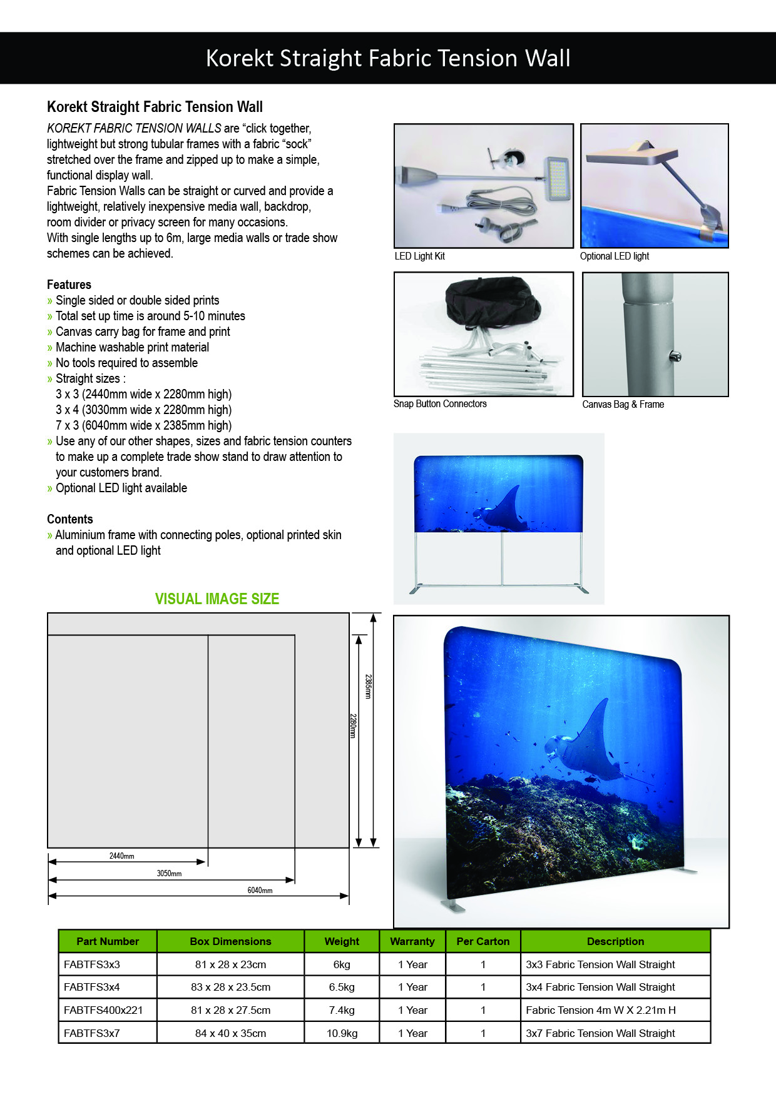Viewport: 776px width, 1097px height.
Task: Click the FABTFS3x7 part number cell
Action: point(92,1033)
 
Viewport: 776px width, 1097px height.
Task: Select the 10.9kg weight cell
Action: point(342,1033)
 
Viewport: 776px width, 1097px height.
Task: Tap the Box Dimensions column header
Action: point(230,941)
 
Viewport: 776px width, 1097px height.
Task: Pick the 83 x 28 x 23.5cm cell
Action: point(230,987)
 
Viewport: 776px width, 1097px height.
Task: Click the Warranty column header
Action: point(412,941)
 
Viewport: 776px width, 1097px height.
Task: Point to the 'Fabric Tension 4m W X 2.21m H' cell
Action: point(600,1010)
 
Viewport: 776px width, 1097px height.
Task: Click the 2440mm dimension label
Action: point(121,856)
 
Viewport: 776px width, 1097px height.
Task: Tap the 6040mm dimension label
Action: point(260,890)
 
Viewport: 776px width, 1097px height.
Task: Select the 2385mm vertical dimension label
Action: point(369,686)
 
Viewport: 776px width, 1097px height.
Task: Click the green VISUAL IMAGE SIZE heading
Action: point(217,599)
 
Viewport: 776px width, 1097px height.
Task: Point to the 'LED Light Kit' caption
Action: point(419,256)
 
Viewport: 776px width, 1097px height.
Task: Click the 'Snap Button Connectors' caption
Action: point(440,404)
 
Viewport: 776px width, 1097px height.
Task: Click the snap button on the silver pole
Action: point(675,356)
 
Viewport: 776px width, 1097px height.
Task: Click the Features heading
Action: point(69,285)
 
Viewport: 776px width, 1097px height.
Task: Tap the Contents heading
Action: point(69,519)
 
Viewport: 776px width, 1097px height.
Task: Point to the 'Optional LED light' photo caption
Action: point(614,256)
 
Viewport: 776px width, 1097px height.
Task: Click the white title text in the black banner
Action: point(388,58)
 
